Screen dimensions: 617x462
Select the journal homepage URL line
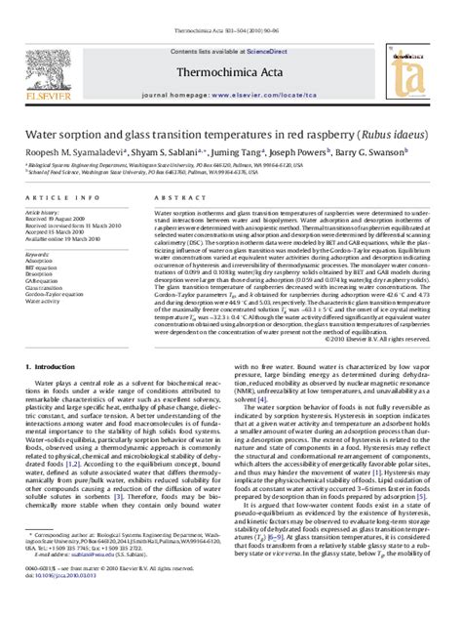[231, 73]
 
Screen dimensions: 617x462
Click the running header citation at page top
[231, 6]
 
